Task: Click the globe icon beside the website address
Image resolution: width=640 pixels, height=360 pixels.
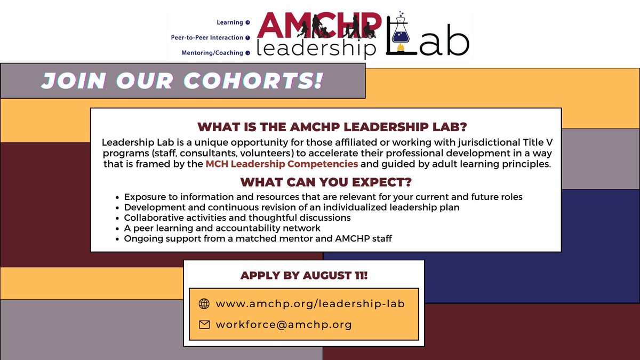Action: [x=204, y=304]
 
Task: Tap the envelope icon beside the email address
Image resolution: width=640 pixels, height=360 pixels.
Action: [x=204, y=324]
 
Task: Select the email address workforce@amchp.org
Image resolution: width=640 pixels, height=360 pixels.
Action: [x=284, y=324]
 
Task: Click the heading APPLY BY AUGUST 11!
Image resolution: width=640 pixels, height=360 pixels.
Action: [x=303, y=276]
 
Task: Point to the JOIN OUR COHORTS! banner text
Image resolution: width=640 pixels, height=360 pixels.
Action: [x=182, y=81]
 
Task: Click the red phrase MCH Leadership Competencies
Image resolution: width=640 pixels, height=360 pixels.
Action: [x=282, y=164]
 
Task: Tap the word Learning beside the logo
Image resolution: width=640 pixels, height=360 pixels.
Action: [x=229, y=22]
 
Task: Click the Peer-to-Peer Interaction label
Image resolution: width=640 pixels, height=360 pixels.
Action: [x=207, y=38]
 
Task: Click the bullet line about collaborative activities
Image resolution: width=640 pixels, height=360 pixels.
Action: [x=237, y=218]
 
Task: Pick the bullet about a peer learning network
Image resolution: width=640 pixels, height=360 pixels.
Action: [x=222, y=228]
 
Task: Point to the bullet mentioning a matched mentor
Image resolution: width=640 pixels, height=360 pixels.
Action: [x=258, y=238]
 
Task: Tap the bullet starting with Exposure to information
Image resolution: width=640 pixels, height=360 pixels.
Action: [x=323, y=197]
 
